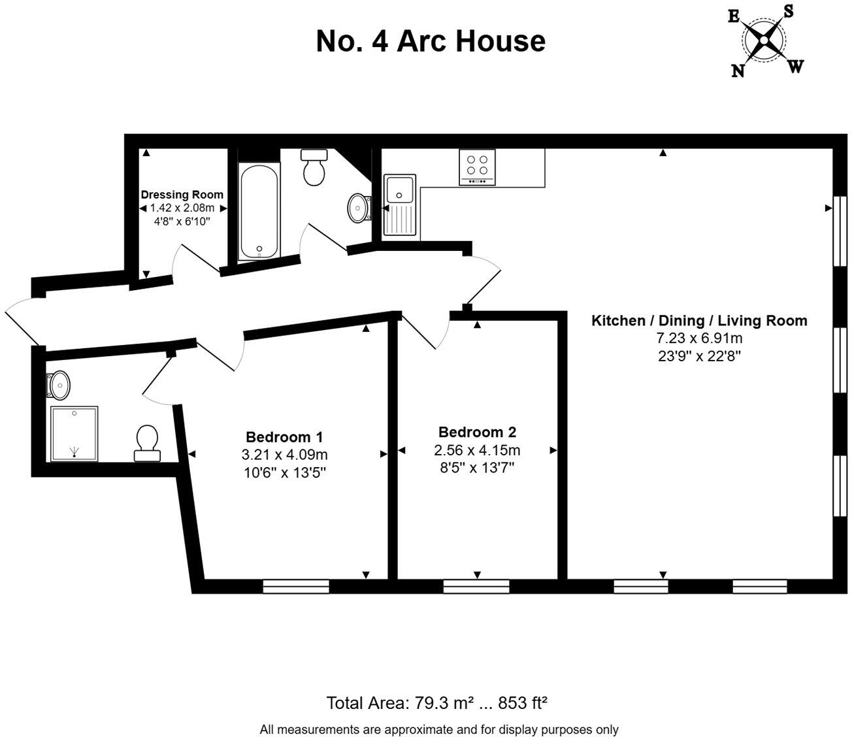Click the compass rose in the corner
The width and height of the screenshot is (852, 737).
click(x=764, y=41)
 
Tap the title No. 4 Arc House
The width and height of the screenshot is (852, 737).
click(x=431, y=41)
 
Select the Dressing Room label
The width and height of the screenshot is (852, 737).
click(x=182, y=195)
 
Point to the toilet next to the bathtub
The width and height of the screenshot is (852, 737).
click(x=314, y=167)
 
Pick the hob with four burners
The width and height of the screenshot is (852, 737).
click(x=478, y=167)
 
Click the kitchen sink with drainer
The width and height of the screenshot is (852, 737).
click(x=400, y=205)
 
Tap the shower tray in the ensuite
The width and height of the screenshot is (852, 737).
click(x=74, y=433)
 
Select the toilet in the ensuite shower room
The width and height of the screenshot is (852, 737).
click(x=147, y=442)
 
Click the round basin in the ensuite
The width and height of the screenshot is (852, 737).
click(x=59, y=385)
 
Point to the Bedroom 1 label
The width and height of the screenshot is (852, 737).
click(x=284, y=437)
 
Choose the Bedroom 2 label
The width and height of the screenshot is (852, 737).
click(x=477, y=432)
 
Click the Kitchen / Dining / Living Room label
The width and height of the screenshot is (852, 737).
click(x=699, y=321)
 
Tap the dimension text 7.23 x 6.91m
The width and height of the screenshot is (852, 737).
click(x=699, y=338)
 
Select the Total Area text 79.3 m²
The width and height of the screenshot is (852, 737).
click(x=436, y=704)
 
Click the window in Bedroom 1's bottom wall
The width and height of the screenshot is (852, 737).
click(x=295, y=587)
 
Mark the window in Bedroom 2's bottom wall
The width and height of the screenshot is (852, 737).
click(x=476, y=587)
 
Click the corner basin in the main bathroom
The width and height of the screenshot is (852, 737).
click(x=358, y=207)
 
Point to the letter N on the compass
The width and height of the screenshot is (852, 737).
click(x=738, y=71)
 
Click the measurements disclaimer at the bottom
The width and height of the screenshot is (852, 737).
click(x=438, y=729)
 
